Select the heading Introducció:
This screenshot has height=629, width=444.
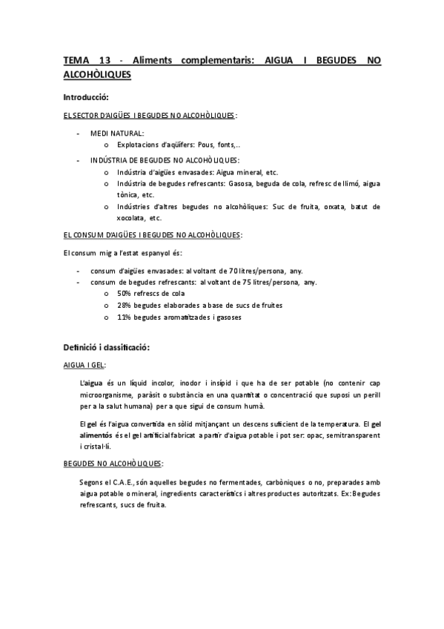click(86, 98)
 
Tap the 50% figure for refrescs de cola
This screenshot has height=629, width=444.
click(125, 293)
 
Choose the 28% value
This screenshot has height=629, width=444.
click(125, 305)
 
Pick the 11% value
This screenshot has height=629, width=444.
click(125, 317)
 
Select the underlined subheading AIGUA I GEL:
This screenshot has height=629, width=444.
click(85, 365)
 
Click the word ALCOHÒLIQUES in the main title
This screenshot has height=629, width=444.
click(97, 75)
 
